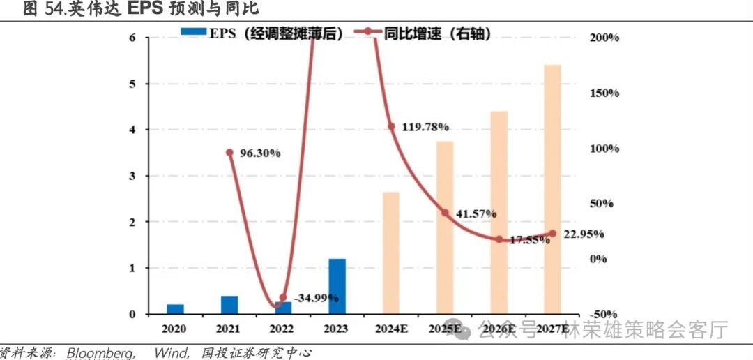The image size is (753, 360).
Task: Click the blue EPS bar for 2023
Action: click(x=337, y=286)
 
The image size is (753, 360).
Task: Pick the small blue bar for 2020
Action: click(x=175, y=309)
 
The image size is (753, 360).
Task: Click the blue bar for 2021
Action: click(x=229, y=305)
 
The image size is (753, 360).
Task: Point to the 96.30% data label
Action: click(x=258, y=153)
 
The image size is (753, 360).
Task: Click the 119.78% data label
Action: click(x=424, y=127)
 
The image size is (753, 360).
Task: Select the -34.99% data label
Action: click(x=316, y=298)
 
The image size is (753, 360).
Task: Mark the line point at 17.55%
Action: click(x=499, y=239)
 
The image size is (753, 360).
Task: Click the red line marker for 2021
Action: click(x=229, y=152)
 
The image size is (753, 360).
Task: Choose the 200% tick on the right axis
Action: click(x=603, y=38)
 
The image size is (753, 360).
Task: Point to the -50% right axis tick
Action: click(x=603, y=314)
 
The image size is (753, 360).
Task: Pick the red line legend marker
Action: click(x=365, y=32)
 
